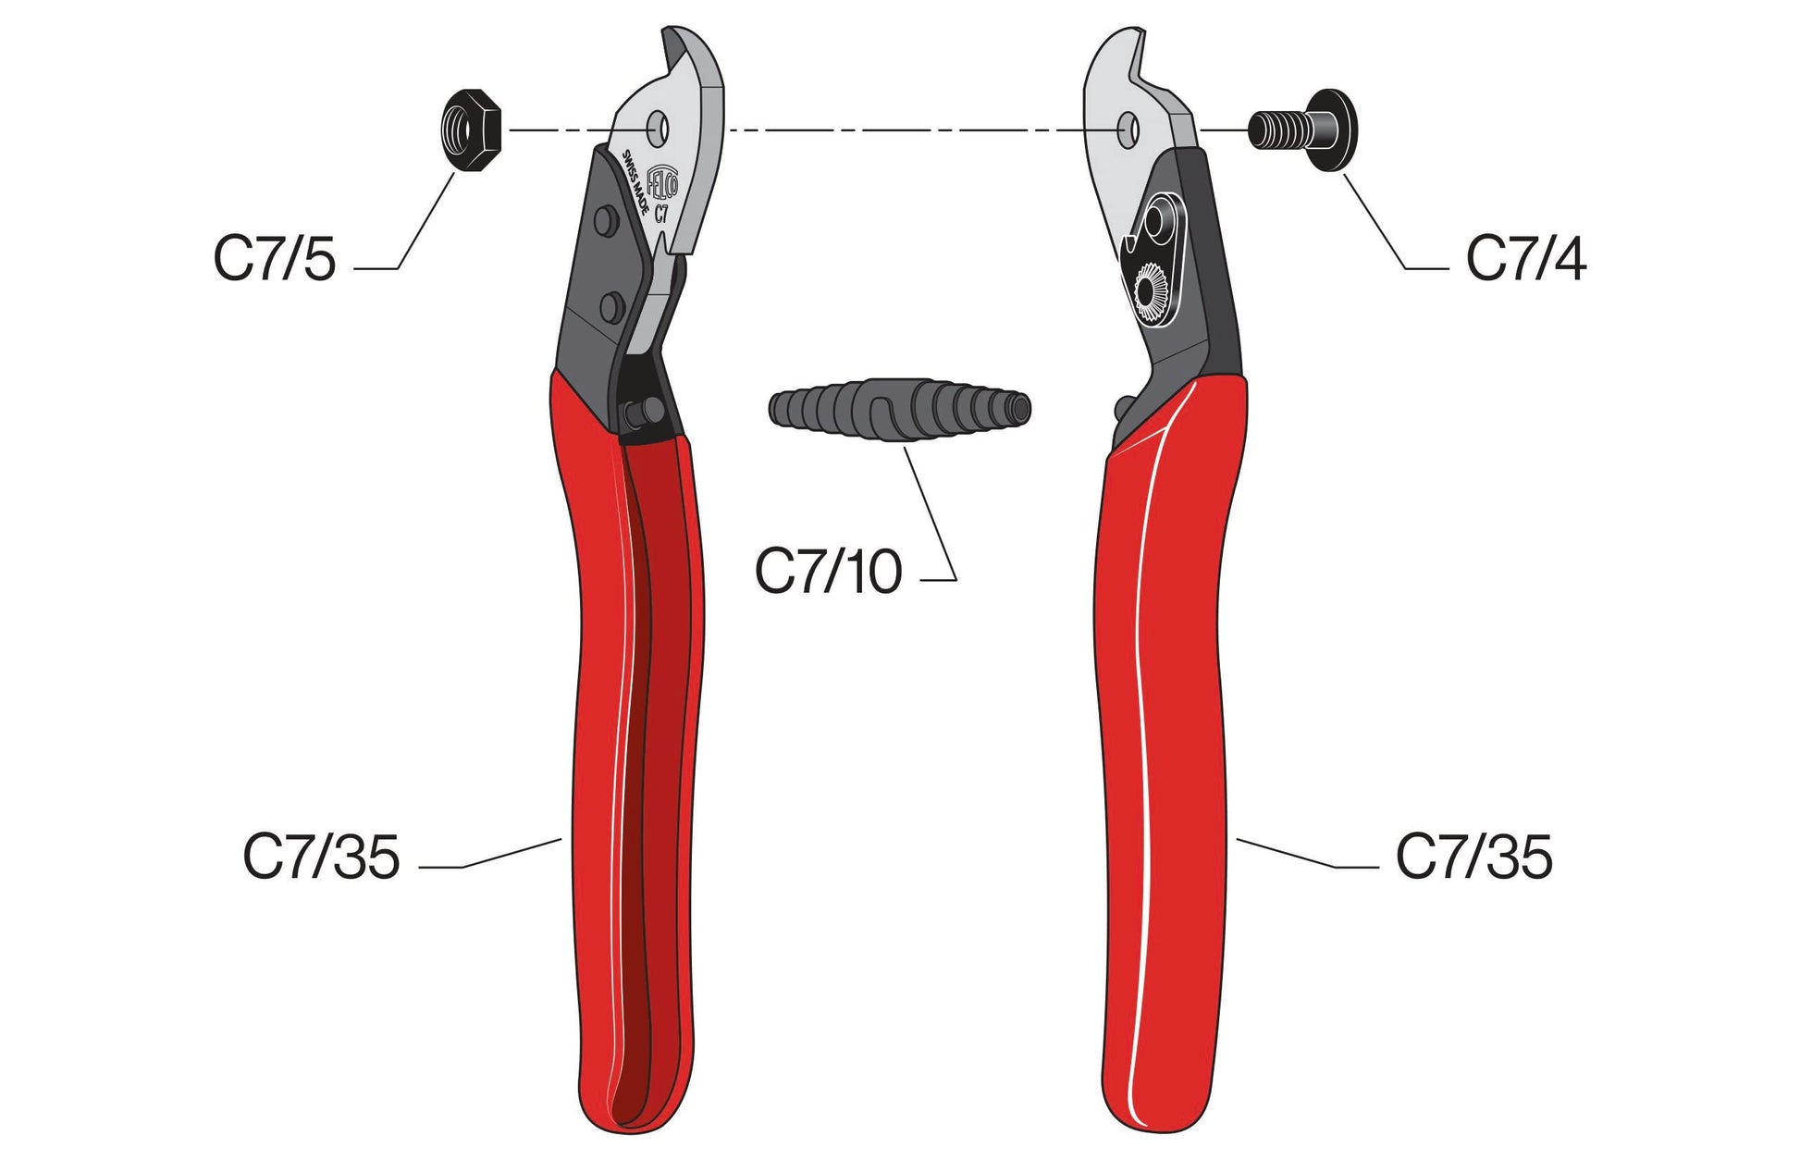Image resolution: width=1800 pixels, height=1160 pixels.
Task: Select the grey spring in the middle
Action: pos(899,409)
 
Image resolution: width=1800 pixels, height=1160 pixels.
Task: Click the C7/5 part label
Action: pos(275,259)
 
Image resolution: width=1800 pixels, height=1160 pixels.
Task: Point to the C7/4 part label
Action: pos(1526,259)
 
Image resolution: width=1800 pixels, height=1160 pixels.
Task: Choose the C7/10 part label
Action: pos(828,572)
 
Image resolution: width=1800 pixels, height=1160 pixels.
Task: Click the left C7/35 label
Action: pos(321,857)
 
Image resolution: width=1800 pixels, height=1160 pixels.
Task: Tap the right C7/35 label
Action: pos(1473,857)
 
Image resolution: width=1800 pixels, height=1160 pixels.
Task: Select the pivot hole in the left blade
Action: pos(658,129)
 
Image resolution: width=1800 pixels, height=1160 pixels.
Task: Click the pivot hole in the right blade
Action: pos(1128,130)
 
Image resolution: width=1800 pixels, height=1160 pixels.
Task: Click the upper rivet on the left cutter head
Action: pos(606,220)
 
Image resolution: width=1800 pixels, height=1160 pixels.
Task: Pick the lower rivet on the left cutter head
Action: pos(611,306)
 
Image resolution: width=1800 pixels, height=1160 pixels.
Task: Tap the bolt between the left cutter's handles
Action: pos(643,412)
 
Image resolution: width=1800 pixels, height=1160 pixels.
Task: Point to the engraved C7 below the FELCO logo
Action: pos(660,216)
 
